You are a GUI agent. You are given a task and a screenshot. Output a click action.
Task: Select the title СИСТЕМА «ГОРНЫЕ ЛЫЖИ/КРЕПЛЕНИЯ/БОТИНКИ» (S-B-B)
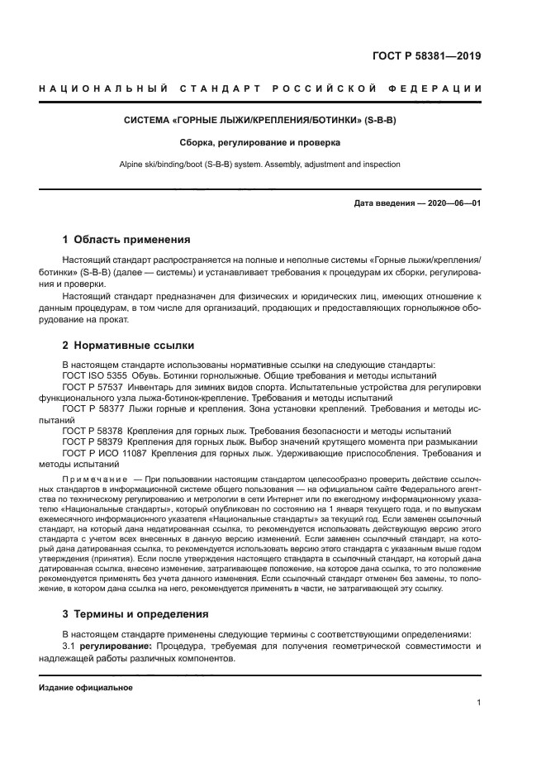[260, 121]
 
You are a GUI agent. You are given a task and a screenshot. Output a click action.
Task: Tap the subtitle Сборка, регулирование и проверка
[260, 142]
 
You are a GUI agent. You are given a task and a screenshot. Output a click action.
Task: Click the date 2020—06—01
[451, 203]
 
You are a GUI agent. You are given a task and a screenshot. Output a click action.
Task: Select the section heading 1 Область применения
[126, 240]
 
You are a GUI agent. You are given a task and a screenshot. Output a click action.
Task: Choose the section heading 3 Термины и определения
[135, 614]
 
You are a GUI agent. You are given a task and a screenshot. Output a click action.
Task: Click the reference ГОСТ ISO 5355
[91, 375]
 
